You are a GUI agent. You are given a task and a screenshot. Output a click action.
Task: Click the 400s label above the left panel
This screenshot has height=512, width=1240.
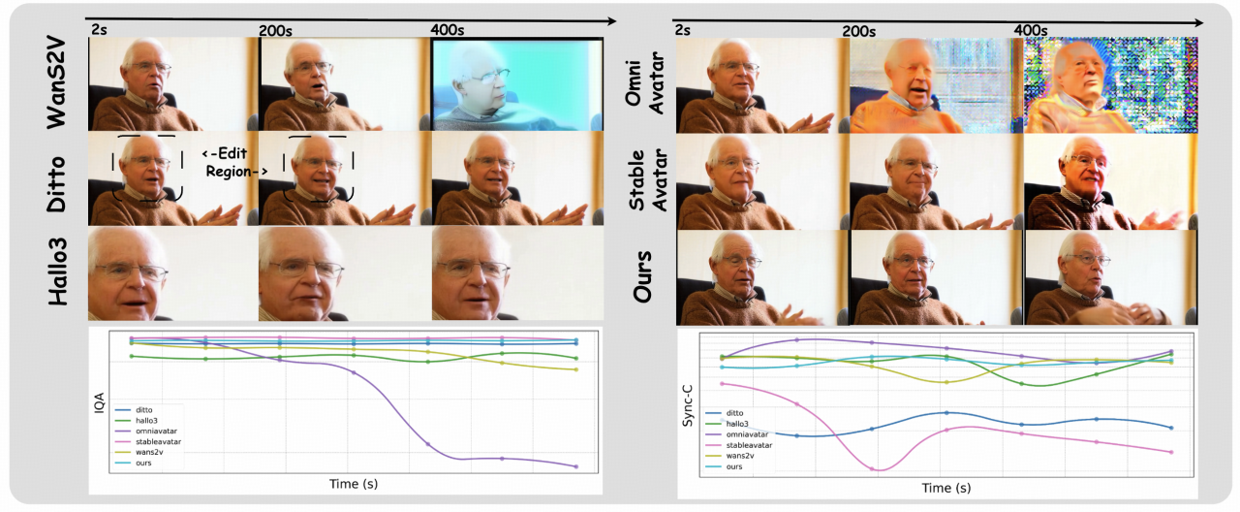point(448,30)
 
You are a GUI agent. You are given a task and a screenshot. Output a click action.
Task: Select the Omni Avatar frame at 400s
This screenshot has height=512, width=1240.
point(1111,85)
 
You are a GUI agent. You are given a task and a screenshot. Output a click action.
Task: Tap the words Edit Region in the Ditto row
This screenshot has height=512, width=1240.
point(236,162)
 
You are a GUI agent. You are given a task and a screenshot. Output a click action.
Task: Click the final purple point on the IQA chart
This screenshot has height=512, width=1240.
point(576,466)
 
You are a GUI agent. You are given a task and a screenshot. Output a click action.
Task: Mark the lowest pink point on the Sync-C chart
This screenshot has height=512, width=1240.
point(875,469)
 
